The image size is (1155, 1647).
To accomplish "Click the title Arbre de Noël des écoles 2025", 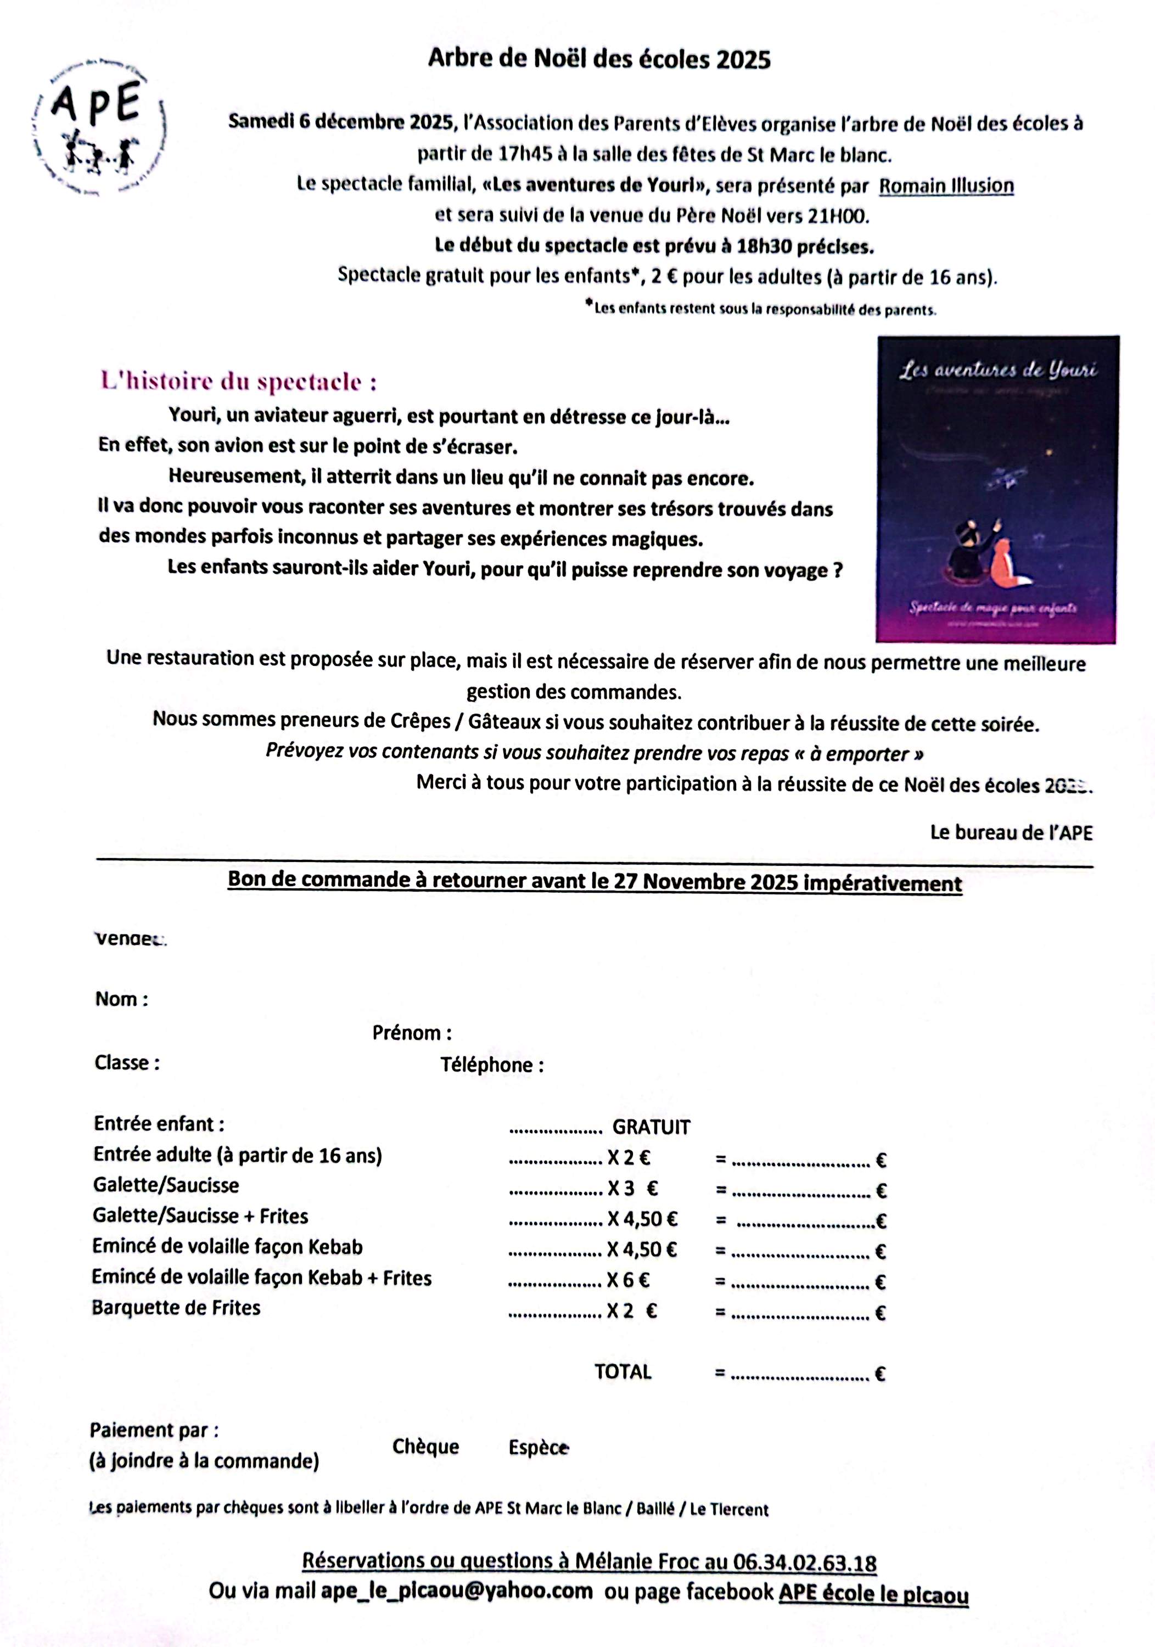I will (x=598, y=59).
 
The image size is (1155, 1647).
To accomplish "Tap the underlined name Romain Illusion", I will (x=946, y=186).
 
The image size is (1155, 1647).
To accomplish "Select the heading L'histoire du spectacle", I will (x=238, y=381).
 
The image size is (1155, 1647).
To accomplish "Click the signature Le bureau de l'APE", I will (x=1011, y=833).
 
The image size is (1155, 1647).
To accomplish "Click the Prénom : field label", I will (x=412, y=1033).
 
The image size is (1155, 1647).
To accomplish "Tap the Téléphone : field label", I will (x=492, y=1065).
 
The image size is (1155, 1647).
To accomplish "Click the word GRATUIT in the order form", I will (x=651, y=1128).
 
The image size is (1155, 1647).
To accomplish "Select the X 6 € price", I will (x=629, y=1280).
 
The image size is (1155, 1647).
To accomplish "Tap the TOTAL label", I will (x=623, y=1372).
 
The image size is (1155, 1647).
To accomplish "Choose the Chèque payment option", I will (x=425, y=1447).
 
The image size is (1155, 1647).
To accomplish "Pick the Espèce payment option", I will (x=538, y=1448).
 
